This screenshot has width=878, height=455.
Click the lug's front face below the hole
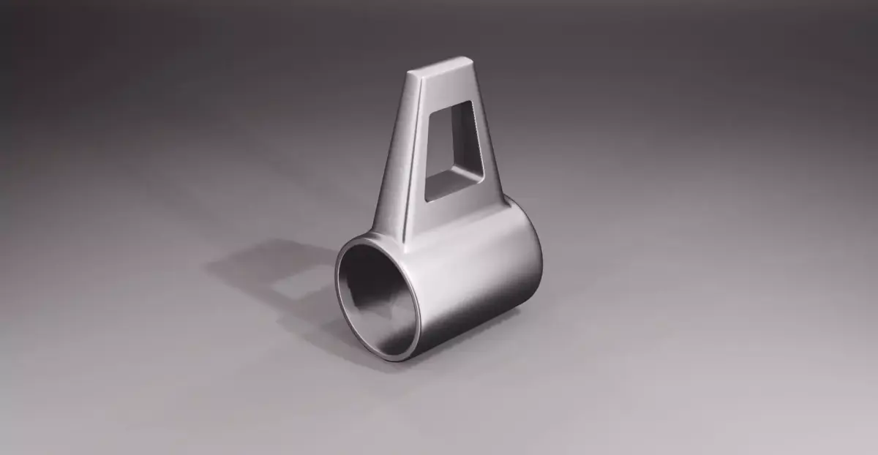point(457,212)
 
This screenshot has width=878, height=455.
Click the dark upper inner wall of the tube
point(366,263)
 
